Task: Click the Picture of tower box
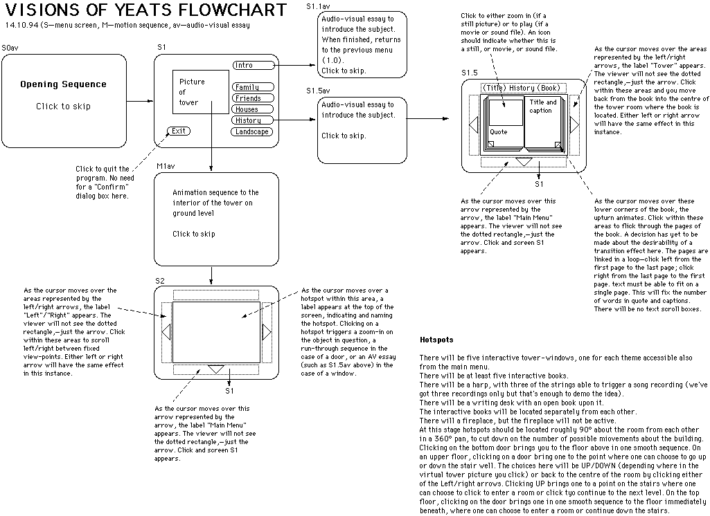click(x=200, y=93)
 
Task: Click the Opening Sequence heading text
click(x=63, y=84)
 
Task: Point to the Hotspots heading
click(x=436, y=340)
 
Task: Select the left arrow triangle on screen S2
click(x=166, y=333)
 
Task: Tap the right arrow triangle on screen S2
click(x=267, y=333)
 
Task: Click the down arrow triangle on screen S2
click(x=216, y=369)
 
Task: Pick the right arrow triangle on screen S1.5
click(x=574, y=125)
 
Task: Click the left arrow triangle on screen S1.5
click(x=474, y=125)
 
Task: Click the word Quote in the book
click(x=499, y=131)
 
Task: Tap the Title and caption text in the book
click(x=543, y=107)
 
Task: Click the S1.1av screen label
click(x=319, y=6)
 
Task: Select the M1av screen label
click(x=166, y=167)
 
